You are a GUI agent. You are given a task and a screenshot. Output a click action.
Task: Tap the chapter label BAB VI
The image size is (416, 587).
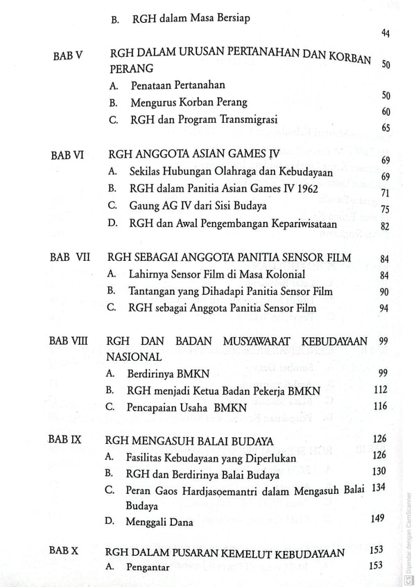[x=68, y=155]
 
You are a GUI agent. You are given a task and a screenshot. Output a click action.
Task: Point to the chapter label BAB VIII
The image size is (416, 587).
[x=71, y=341]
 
